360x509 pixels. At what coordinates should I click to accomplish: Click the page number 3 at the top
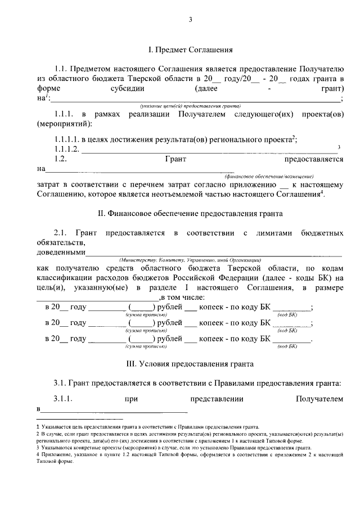(190, 21)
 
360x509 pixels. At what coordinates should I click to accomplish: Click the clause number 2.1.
(61, 232)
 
